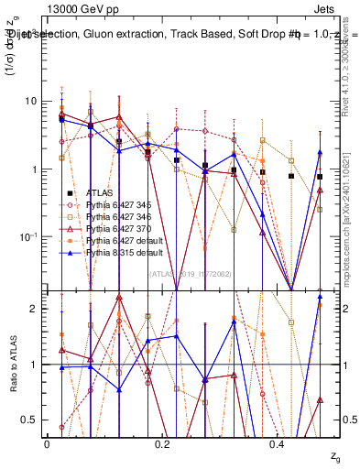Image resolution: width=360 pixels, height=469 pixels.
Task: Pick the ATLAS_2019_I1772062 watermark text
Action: [190, 272]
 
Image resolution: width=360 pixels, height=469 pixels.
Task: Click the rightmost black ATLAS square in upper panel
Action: [320, 177]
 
